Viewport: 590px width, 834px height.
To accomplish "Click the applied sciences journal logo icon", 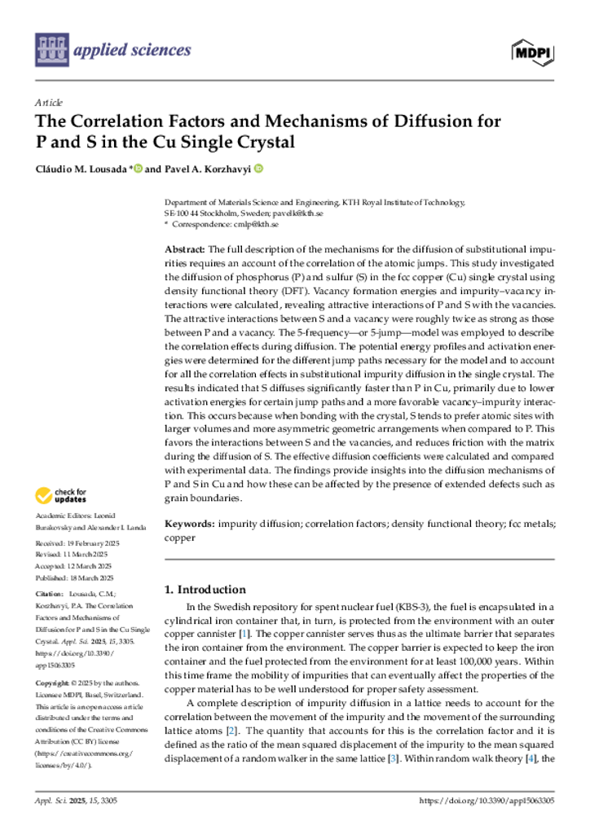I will coord(52,50).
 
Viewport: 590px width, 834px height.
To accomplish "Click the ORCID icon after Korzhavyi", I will coord(258,169).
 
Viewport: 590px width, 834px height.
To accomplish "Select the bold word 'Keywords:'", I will coord(190,525).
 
